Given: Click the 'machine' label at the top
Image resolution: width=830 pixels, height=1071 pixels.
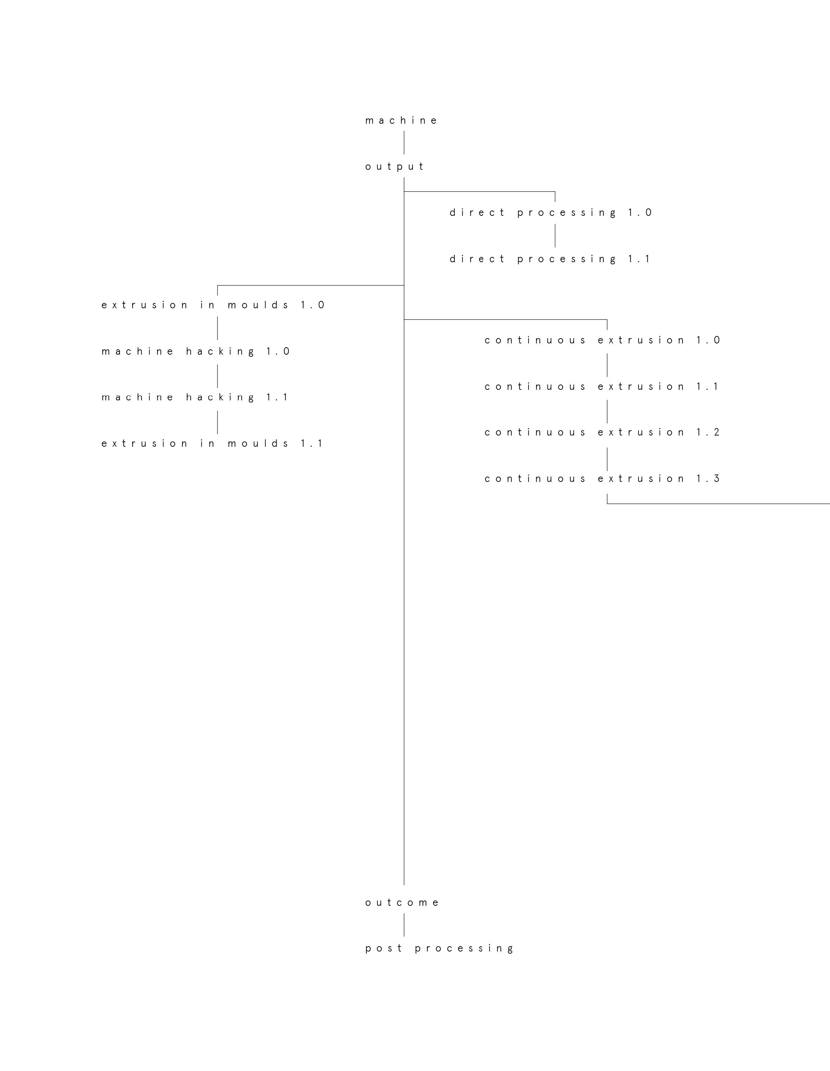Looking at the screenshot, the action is [401, 121].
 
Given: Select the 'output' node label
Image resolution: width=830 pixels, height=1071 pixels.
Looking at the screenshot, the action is [394, 167].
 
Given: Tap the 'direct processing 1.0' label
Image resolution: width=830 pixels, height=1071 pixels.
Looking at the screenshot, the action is [551, 213].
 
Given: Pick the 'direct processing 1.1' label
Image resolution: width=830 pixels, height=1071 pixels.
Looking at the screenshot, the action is [550, 259].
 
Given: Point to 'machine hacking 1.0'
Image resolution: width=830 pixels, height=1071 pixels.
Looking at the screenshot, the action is [196, 351].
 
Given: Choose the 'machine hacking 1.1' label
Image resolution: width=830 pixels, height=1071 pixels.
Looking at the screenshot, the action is [195, 397].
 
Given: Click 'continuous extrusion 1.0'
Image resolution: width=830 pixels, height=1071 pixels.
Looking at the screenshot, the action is [602, 340].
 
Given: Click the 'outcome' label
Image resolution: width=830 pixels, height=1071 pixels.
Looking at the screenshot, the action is [402, 903].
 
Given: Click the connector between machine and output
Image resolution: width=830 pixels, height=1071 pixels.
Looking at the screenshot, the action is [404, 143].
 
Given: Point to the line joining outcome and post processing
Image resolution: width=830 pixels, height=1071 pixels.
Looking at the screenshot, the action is [404, 925].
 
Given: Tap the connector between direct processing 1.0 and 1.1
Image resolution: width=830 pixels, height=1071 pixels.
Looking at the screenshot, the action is [555, 236].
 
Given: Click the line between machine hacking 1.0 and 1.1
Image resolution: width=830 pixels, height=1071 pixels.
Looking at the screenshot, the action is [218, 376].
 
